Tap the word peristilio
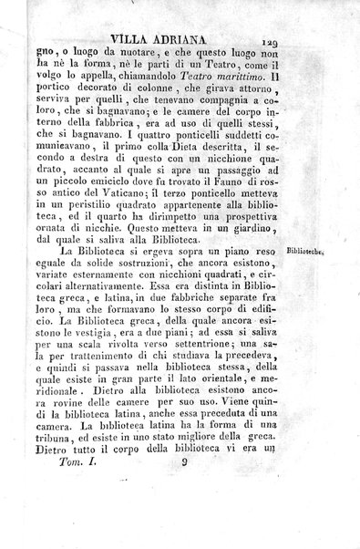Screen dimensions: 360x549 click(92, 226)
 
